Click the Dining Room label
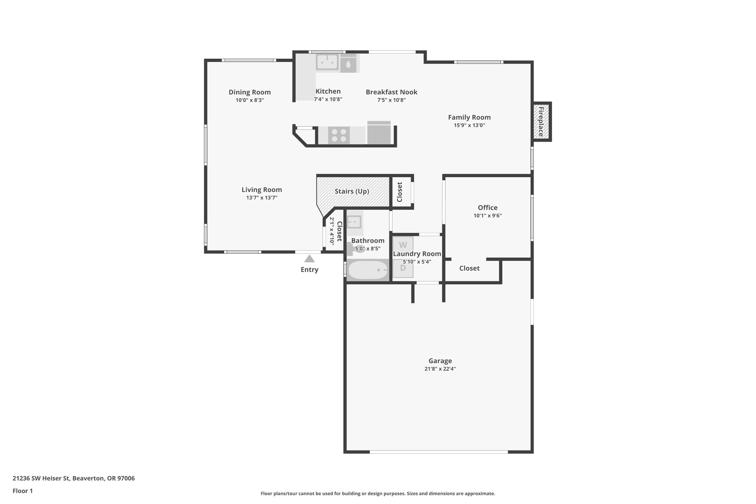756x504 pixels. click(250, 92)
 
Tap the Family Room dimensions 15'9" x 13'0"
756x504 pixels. click(469, 126)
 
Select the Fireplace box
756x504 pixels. click(541, 121)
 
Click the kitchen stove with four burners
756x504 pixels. click(339, 135)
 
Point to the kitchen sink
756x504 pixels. click(327, 62)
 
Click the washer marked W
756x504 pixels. click(403, 245)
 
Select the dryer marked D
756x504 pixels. click(403, 268)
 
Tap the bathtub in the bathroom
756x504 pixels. click(368, 270)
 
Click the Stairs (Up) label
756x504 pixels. click(352, 191)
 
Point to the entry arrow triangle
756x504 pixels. click(309, 259)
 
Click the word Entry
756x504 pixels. click(309, 270)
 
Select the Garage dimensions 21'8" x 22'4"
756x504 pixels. click(440, 369)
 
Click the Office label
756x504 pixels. click(488, 208)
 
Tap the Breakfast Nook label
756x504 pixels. click(391, 92)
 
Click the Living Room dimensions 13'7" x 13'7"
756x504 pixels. click(262, 198)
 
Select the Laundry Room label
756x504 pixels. click(417, 254)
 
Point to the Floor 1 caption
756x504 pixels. click(23, 491)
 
